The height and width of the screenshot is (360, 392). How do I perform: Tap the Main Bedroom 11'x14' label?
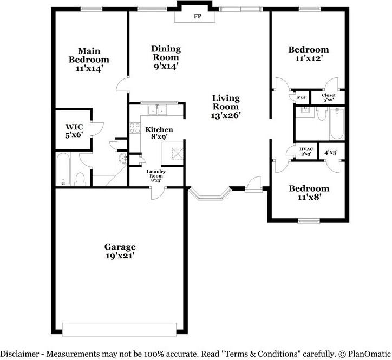89,59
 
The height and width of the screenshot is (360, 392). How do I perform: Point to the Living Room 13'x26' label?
226,106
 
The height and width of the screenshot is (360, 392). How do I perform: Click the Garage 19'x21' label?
120,251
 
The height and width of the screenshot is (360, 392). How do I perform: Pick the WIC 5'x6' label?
74,130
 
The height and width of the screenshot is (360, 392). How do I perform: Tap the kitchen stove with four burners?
135,129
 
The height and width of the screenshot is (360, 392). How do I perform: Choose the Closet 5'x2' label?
329,97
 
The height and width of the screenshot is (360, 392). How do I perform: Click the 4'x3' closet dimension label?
331,153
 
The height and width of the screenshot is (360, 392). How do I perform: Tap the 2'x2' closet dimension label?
302,97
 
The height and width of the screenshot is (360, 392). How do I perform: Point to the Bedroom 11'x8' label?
309,193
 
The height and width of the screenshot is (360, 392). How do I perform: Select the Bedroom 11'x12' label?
308,54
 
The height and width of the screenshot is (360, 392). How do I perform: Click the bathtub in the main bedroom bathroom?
63,169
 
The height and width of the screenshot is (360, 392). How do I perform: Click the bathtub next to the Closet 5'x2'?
337,123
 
